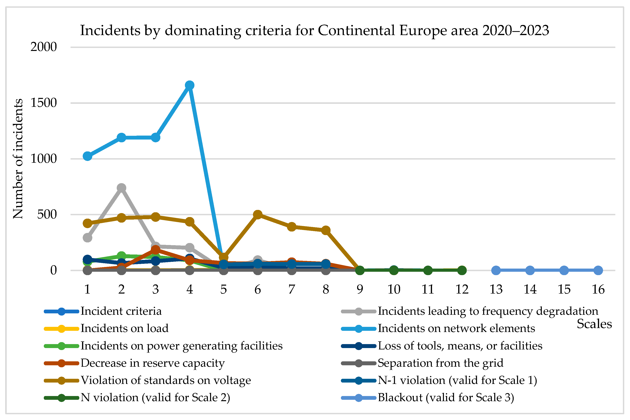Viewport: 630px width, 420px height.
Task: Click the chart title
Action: [315, 30]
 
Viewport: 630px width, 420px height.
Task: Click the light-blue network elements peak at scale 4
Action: [190, 85]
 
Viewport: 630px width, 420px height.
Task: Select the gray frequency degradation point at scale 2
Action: [121, 188]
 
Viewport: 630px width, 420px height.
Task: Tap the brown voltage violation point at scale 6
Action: [258, 214]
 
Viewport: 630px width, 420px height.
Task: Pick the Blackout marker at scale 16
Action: [598, 270]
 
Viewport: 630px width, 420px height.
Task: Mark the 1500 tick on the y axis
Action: [44, 103]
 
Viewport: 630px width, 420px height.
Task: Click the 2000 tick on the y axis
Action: [44, 47]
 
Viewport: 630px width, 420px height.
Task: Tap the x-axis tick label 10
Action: [394, 289]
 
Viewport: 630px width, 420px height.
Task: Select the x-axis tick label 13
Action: [496, 289]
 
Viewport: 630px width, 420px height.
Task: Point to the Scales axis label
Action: [594, 324]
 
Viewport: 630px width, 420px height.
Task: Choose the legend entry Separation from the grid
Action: [440, 363]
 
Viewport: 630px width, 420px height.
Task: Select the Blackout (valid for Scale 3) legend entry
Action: [446, 397]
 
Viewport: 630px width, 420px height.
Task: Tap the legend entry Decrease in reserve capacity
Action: [153, 363]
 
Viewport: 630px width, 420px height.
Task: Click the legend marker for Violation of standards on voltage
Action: [62, 380]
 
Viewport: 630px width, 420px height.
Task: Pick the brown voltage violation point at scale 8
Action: [326, 230]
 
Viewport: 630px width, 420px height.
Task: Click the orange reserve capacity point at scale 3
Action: [156, 250]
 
